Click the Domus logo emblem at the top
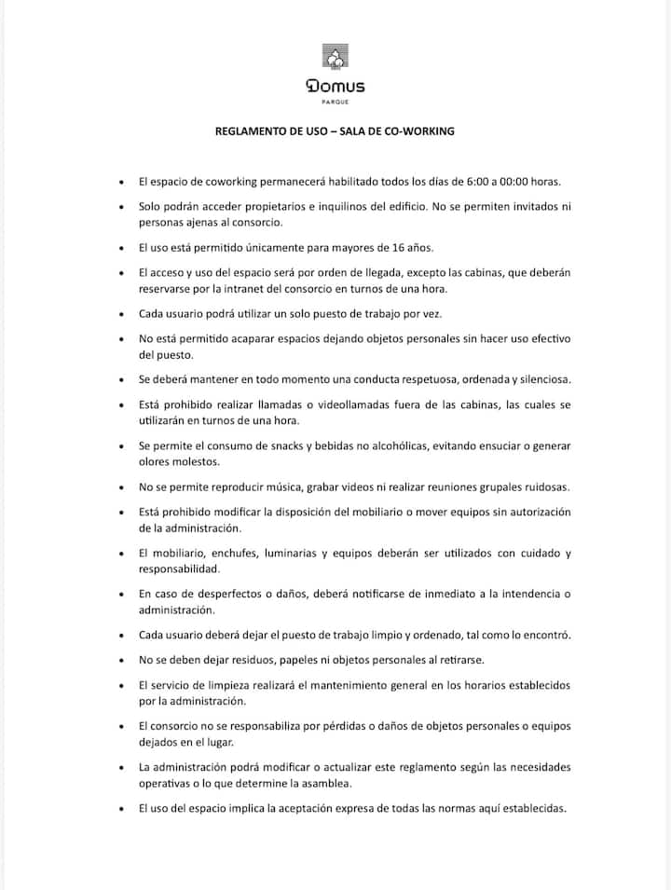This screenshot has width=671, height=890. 335,58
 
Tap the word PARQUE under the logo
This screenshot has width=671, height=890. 335,102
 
